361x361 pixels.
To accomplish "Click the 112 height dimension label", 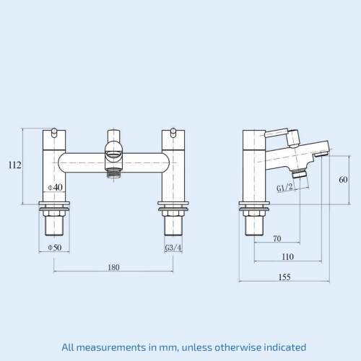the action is click(14, 165).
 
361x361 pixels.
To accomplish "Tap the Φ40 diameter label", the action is click(55, 187).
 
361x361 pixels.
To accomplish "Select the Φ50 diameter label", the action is click(55, 248).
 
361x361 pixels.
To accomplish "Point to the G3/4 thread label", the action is click(173, 248).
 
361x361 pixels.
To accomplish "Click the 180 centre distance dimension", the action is click(113, 267).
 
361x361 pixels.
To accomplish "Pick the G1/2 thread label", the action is click(284, 188).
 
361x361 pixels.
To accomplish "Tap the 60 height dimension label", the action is click(343, 180).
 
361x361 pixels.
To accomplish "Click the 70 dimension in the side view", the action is click(277, 238).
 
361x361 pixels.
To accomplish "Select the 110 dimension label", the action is click(288, 257).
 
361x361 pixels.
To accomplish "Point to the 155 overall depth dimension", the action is click(284, 277).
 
